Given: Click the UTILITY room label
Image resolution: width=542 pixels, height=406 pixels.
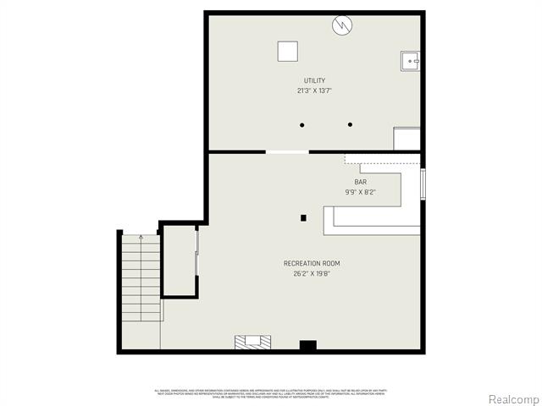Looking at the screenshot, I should pyautogui.click(x=314, y=80).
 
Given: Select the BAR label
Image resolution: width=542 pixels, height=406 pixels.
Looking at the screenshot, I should pyautogui.click(x=360, y=182).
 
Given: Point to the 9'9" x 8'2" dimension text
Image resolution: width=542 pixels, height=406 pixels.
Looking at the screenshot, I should pyautogui.click(x=360, y=192).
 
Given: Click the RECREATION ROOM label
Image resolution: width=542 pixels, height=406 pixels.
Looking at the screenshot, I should pyautogui.click(x=312, y=263).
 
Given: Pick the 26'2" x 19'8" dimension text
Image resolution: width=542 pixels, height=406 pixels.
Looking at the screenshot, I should pyautogui.click(x=312, y=273).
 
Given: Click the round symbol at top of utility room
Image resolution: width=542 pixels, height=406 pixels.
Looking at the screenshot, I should pyautogui.click(x=341, y=25).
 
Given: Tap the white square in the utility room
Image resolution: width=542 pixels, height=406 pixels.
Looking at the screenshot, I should pyautogui.click(x=288, y=52).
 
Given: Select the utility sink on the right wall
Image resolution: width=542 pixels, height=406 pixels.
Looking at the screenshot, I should pyautogui.click(x=410, y=61).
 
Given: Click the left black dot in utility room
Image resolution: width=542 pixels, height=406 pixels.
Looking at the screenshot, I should pyautogui.click(x=301, y=125).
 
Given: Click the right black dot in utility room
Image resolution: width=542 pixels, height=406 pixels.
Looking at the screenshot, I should pyautogui.click(x=350, y=125).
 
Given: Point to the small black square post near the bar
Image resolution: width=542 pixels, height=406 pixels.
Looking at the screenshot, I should pyautogui.click(x=303, y=217).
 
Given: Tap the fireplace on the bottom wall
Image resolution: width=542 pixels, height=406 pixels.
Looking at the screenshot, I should pyautogui.click(x=253, y=342).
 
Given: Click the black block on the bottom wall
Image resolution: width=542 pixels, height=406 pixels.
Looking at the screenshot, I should pyautogui.click(x=307, y=345).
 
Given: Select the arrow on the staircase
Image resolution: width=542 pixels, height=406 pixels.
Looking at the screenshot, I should pyautogui.click(x=141, y=239).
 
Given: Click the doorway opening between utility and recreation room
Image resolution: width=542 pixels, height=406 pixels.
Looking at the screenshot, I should pyautogui.click(x=287, y=152).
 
